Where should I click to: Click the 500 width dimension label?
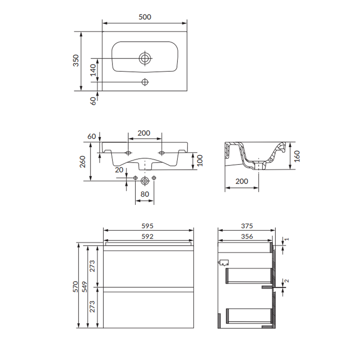click(x=145, y=17)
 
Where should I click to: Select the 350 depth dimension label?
click(x=76, y=60)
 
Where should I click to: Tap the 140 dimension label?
click(x=93, y=70)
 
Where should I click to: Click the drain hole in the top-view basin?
click(x=145, y=58)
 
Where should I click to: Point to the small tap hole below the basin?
click(x=145, y=82)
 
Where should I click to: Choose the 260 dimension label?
click(x=82, y=162)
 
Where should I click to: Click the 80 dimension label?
click(x=145, y=194)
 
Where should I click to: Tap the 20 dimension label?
click(x=119, y=170)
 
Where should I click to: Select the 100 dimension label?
click(x=200, y=161)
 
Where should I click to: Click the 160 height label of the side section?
click(x=297, y=156)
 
